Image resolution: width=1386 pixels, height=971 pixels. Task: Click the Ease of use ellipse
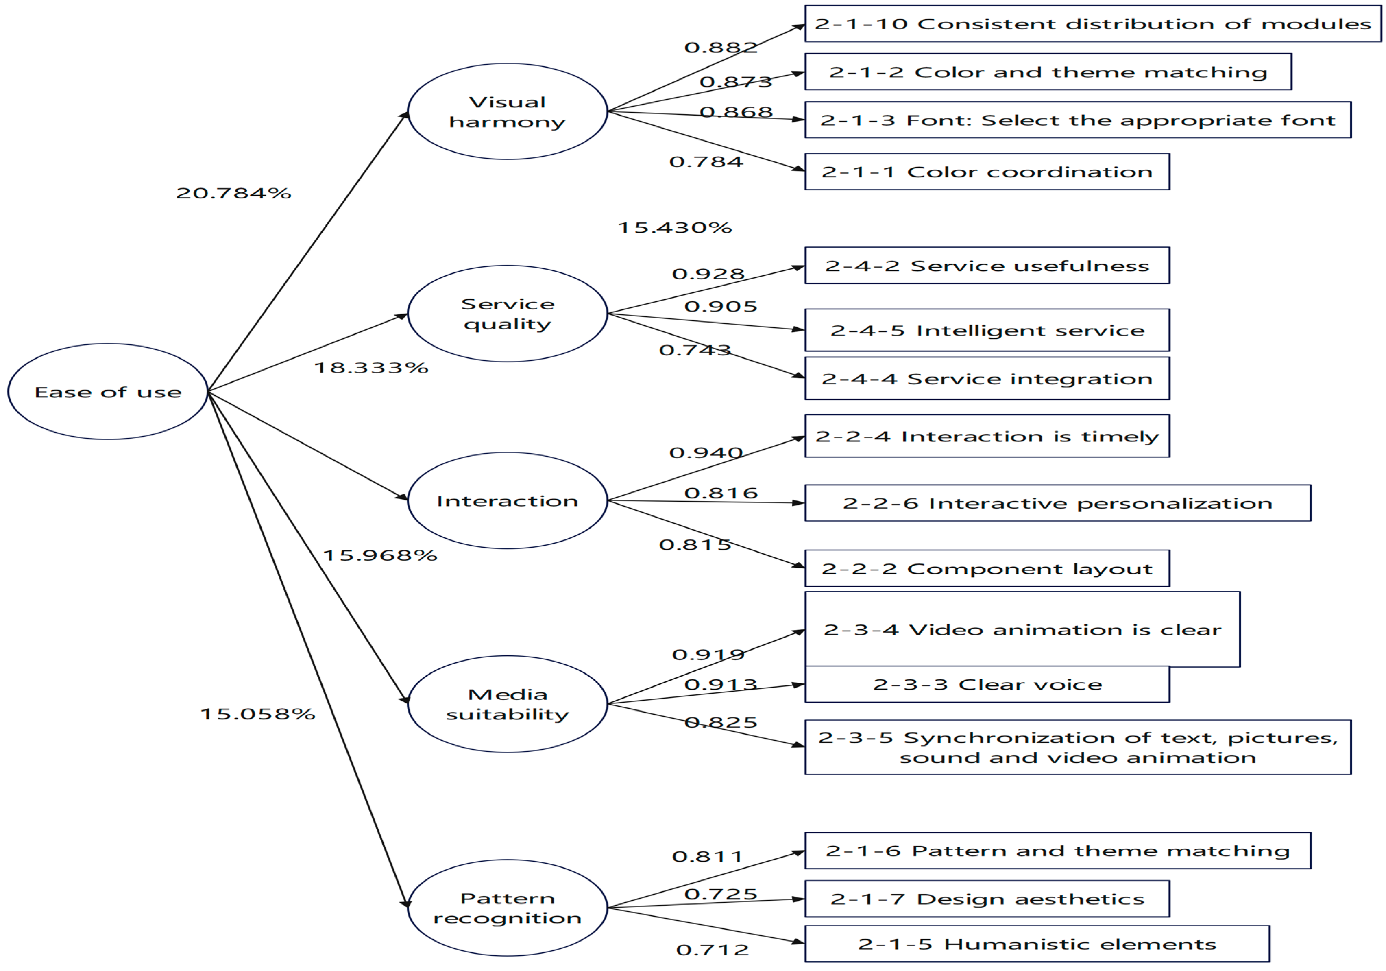coord(108,392)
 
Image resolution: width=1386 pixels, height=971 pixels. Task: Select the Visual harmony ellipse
coord(507,112)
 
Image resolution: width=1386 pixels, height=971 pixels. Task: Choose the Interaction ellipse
coord(507,501)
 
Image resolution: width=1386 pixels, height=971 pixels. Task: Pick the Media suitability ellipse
coord(507,704)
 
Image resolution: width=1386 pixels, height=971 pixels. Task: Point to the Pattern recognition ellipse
coord(507,908)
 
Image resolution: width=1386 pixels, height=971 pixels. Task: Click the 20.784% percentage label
coord(234,193)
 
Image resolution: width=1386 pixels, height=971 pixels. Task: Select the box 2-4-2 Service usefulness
coord(987,266)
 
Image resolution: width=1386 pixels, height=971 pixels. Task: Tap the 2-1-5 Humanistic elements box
coord(1037,944)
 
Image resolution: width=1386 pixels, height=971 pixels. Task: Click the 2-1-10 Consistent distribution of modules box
coord(1093,24)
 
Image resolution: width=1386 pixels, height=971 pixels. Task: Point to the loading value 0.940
coord(706,452)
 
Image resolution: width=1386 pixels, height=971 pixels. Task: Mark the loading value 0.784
coord(706,162)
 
